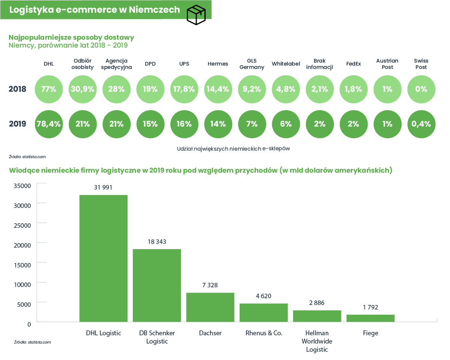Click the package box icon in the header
point(196,15)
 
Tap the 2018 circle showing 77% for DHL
point(49,89)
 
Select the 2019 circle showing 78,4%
point(49,124)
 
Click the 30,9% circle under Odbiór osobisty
point(83,89)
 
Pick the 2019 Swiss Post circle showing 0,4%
point(421,124)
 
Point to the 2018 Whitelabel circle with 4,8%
point(286,89)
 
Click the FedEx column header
point(353,64)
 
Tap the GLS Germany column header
point(252,64)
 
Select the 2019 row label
point(17,124)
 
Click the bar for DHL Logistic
point(103,258)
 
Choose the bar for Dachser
point(210,307)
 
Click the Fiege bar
point(371,318)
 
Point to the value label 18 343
point(157,242)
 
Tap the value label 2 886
point(317,303)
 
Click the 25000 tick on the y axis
point(22,226)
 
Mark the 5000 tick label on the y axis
point(24,305)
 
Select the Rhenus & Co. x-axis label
point(264,333)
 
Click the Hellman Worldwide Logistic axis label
point(317,341)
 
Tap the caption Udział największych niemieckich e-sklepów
point(233,149)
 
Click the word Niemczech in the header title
point(154,10)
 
